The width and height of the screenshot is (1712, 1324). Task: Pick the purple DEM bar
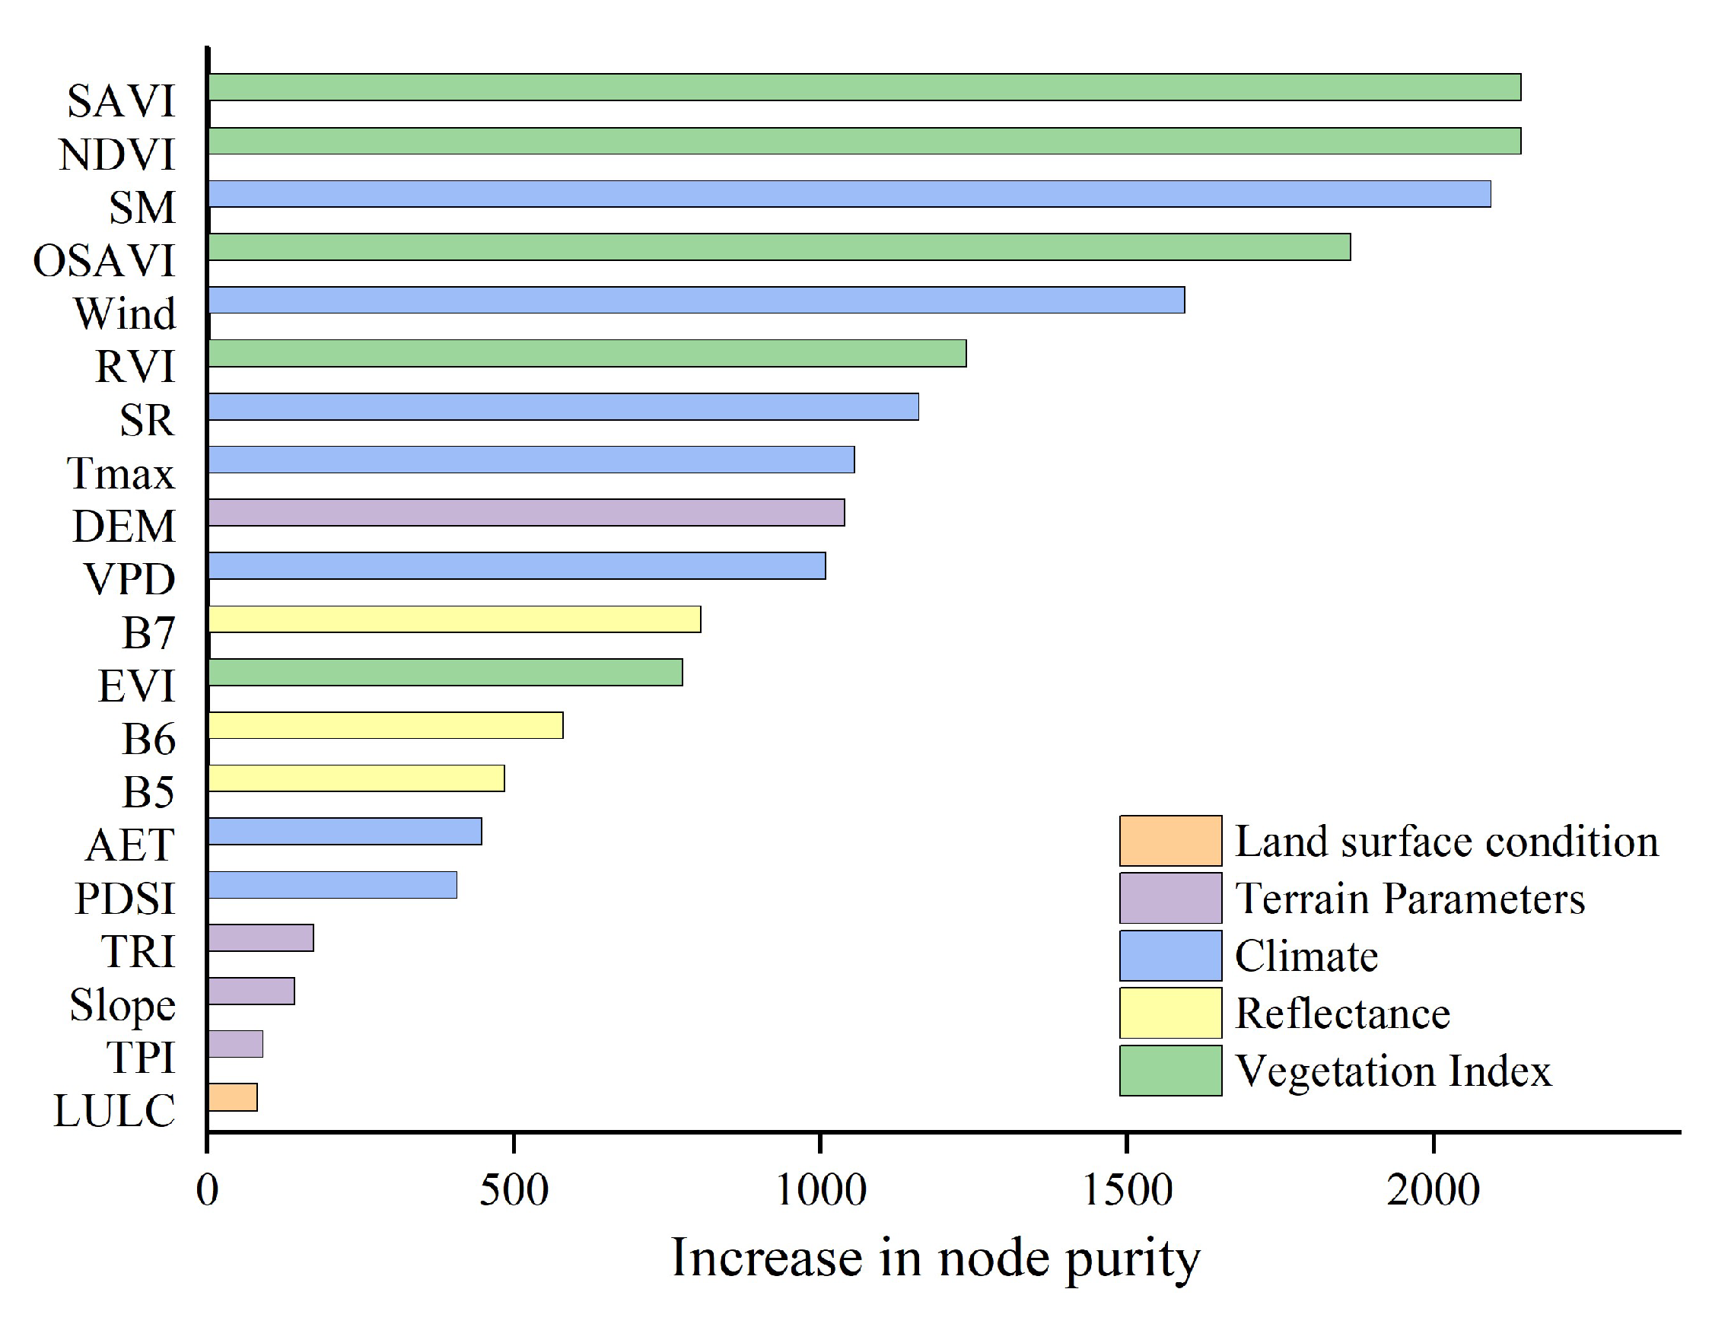point(526,513)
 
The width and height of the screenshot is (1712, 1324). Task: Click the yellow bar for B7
point(455,619)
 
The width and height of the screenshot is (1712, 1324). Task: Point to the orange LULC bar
point(233,1097)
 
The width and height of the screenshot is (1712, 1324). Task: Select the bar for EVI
point(445,673)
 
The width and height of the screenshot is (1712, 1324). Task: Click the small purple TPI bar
point(235,1044)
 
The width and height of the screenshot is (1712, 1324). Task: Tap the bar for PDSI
point(333,885)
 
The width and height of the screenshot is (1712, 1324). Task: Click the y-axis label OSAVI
point(103,261)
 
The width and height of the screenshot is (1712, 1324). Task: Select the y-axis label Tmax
point(120,473)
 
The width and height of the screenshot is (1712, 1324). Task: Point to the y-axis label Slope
point(123,1005)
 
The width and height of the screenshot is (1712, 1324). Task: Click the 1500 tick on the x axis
point(1126,1191)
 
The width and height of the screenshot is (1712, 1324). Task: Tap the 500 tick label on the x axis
point(514,1191)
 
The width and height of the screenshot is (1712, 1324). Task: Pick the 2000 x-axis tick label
point(1433,1191)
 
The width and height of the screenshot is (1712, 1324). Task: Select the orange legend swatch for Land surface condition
point(1170,841)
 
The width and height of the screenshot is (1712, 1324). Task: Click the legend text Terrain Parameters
point(1409,899)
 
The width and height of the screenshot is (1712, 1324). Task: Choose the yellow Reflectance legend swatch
point(1170,1013)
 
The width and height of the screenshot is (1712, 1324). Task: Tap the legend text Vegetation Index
point(1393,1071)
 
